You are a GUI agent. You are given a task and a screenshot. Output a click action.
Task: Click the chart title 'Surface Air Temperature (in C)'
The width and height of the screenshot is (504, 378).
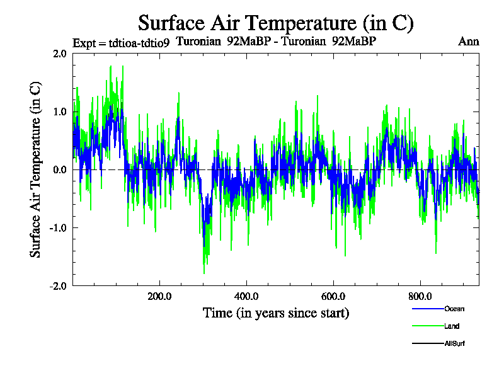coord(275,23)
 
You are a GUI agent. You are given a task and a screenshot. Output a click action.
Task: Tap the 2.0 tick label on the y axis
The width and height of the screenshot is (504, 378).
coord(60,54)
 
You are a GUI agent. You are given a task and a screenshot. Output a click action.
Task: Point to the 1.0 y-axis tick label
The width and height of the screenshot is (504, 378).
coord(60,112)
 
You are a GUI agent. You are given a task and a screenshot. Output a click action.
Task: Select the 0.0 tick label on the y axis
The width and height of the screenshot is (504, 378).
coord(60,169)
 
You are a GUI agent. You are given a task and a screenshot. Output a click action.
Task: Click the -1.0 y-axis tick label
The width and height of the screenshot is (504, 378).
coord(58,227)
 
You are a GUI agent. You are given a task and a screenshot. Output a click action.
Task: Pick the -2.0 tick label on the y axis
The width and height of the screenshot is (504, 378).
coord(58,285)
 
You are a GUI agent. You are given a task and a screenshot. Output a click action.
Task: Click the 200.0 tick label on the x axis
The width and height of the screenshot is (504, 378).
coord(159,295)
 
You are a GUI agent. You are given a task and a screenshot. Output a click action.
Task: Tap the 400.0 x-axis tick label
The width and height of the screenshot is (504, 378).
coord(246,295)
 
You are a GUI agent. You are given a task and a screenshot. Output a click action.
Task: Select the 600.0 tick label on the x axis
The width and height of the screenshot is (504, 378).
coord(333,295)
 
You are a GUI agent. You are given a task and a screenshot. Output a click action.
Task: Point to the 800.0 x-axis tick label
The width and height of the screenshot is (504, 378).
coord(420,295)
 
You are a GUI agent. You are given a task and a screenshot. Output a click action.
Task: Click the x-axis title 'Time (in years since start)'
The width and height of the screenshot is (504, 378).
coord(276,312)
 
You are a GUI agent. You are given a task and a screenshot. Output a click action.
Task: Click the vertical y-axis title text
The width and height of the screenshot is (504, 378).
coord(36,169)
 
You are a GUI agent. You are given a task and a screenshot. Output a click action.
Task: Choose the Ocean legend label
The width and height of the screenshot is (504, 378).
coord(454,309)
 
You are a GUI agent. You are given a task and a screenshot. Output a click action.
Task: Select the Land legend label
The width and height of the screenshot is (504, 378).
coord(452,326)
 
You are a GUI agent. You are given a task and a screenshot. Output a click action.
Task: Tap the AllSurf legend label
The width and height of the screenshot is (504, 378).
coord(455,344)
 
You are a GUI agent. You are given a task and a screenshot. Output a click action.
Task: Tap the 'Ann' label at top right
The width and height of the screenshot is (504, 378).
coord(469,42)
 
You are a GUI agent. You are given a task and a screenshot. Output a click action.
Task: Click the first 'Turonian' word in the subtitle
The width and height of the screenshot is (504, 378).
coord(200,42)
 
